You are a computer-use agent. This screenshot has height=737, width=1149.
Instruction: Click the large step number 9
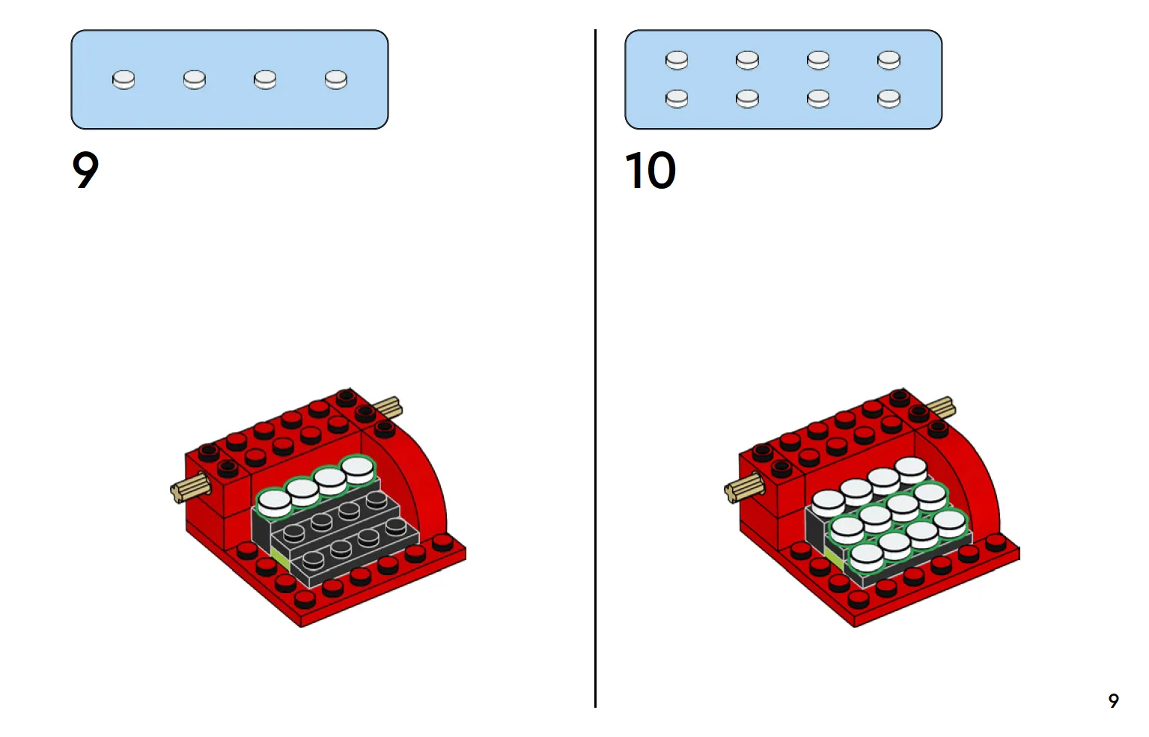click(x=85, y=170)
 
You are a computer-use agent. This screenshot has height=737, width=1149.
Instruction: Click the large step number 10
click(x=650, y=170)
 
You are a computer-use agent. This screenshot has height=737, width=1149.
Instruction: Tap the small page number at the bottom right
click(x=1113, y=700)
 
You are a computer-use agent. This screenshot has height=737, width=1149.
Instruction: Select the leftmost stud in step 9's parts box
click(x=124, y=79)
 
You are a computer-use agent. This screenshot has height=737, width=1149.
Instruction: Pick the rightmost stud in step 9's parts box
click(x=336, y=79)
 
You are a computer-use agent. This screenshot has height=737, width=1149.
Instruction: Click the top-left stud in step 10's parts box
click(x=677, y=60)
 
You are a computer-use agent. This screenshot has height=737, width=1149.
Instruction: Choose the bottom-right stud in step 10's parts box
click(x=889, y=98)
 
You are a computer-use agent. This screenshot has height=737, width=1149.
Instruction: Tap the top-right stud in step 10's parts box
click(x=889, y=60)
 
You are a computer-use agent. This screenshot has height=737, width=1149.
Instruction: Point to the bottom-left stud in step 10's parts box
click(x=677, y=98)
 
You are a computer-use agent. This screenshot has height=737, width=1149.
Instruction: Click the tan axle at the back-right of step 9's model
click(x=388, y=407)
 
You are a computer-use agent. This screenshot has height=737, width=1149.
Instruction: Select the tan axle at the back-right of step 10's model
click(x=942, y=408)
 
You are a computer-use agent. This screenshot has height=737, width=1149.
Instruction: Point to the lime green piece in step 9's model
click(x=281, y=558)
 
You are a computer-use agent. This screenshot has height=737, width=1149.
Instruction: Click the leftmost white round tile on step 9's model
click(x=274, y=503)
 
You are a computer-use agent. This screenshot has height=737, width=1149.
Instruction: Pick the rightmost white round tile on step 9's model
click(x=358, y=470)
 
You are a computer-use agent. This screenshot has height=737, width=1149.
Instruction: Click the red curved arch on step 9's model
click(x=419, y=479)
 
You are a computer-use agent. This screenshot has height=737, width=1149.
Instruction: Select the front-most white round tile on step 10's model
click(x=866, y=557)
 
